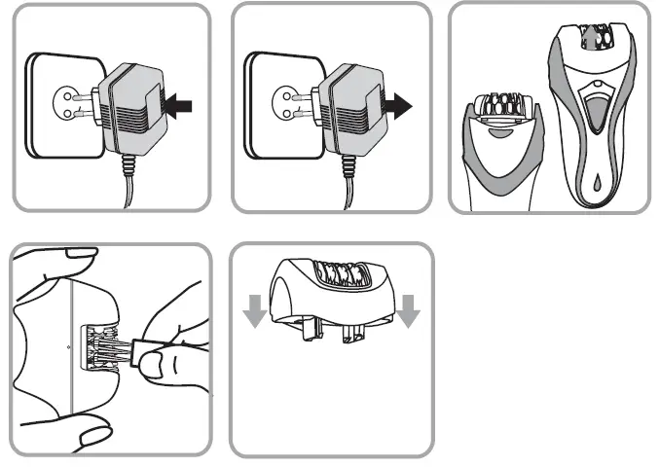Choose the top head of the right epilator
point(590,36)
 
